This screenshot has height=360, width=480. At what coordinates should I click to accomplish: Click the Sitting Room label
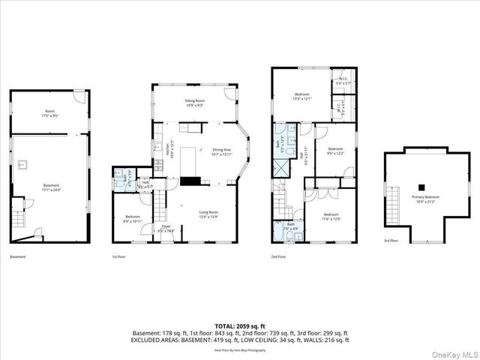(x=195, y=103)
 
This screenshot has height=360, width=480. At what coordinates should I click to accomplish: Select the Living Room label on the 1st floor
(x=208, y=215)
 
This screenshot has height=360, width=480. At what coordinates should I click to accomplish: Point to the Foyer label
(x=166, y=228)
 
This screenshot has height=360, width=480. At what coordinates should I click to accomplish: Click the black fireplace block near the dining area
(x=190, y=181)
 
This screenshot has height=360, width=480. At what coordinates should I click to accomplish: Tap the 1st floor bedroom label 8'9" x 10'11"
(x=132, y=220)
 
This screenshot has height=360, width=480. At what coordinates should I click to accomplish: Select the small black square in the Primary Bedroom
(x=422, y=187)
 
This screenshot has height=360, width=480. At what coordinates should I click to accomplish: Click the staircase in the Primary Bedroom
(x=391, y=203)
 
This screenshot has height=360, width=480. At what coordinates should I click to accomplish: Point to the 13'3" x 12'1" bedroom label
(x=301, y=96)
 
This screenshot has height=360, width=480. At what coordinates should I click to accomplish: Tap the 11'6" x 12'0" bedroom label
(x=331, y=217)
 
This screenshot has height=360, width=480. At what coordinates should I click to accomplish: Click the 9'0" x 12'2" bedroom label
(x=334, y=151)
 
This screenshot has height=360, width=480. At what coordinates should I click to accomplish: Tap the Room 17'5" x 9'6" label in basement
(x=50, y=113)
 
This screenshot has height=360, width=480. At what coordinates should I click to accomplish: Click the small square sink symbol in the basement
(x=24, y=163)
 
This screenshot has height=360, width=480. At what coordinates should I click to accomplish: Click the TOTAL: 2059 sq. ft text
(x=240, y=326)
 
